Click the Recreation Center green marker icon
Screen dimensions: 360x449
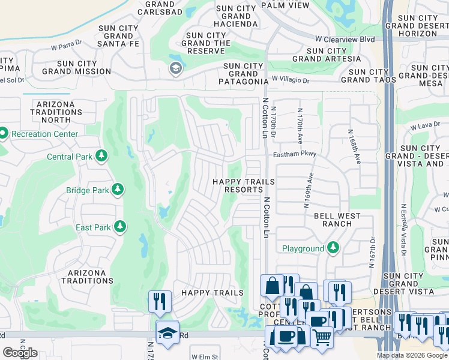(3, 133)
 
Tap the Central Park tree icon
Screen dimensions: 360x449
(101, 157)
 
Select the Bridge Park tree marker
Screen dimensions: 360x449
(118, 190)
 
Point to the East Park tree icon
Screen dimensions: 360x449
(121, 227)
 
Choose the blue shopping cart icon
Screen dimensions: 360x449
(322, 338)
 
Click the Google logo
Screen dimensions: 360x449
(20, 352)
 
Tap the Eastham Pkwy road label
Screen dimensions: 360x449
(294, 154)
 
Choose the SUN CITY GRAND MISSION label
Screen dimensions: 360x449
(76, 67)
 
